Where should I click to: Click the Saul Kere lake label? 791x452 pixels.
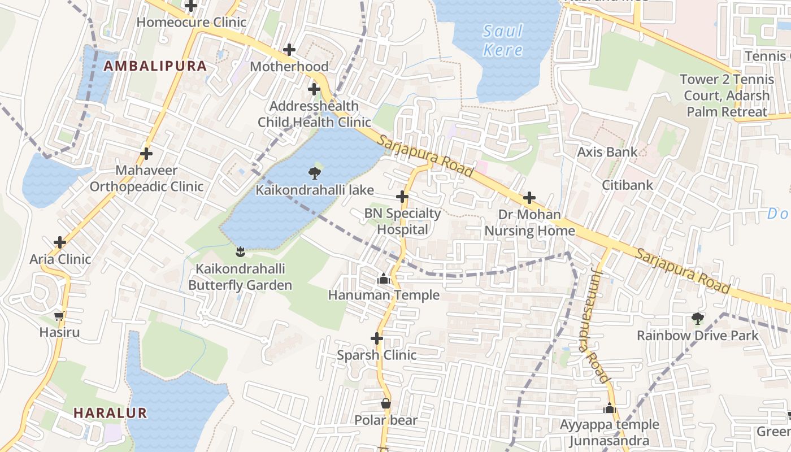click(502, 40)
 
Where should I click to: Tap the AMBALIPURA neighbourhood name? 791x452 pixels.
click(155, 66)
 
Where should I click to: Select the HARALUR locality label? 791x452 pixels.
click(110, 412)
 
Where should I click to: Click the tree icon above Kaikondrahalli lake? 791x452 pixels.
click(315, 172)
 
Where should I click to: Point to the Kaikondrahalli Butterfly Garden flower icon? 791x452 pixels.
click(241, 251)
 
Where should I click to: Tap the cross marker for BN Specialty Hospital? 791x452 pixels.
click(402, 197)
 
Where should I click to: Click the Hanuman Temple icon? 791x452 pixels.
click(384, 278)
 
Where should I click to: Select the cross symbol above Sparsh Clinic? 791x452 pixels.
click(377, 338)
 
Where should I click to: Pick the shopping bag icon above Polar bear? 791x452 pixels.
click(385, 403)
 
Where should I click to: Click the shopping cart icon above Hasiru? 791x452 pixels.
click(59, 316)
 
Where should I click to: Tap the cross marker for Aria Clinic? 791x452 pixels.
click(60, 242)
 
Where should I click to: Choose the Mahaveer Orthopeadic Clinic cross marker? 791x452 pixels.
click(146, 153)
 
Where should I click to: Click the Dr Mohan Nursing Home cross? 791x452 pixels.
click(529, 198)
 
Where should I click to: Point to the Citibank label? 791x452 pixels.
click(627, 185)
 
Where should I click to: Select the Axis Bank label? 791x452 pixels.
click(607, 151)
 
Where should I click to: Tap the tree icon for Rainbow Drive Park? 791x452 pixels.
click(698, 319)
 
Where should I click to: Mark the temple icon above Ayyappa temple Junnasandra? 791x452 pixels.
click(609, 408)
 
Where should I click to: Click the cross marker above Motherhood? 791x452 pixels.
click(289, 50)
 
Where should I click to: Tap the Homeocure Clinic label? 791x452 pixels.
click(192, 22)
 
